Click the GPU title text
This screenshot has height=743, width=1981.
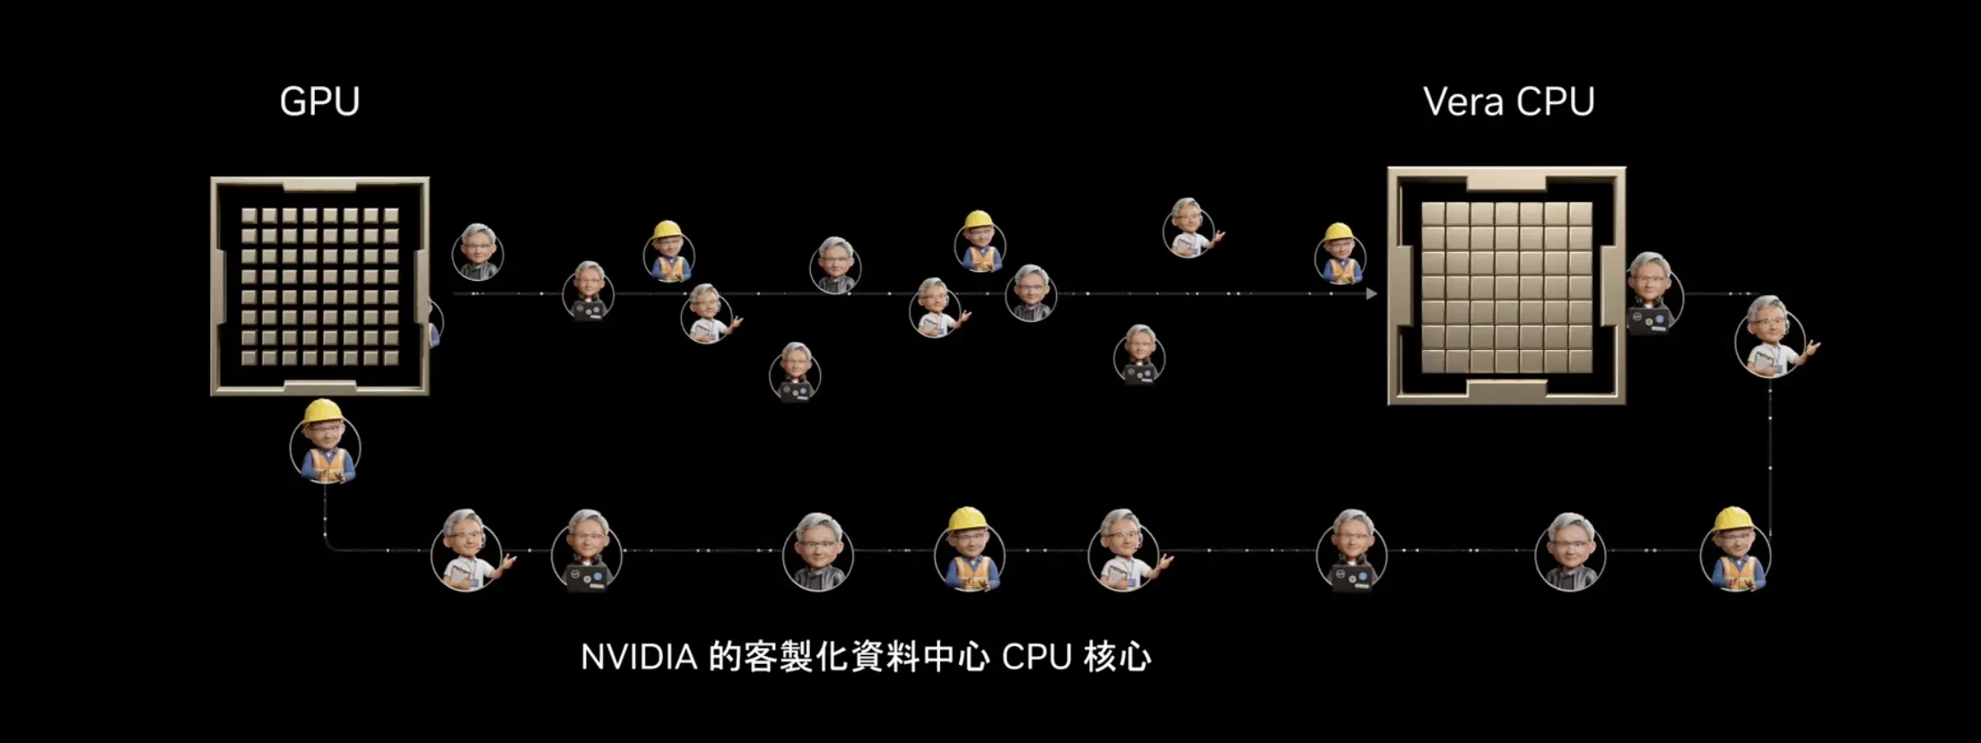pyautogui.click(x=319, y=101)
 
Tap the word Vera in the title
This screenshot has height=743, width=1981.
pyautogui.click(x=1463, y=101)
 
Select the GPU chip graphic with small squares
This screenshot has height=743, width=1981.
pyautogui.click(x=320, y=286)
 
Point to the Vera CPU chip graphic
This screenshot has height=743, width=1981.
pyautogui.click(x=1506, y=285)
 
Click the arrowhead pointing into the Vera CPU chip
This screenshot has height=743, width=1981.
pyautogui.click(x=1371, y=293)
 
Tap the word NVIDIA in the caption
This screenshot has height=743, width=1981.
pyautogui.click(x=639, y=658)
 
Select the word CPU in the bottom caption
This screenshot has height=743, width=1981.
pyautogui.click(x=1036, y=658)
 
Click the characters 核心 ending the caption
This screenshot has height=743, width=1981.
pyautogui.click(x=1117, y=658)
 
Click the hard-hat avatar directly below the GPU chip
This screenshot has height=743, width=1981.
pyautogui.click(x=325, y=442)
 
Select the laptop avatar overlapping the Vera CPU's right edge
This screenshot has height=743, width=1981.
pyautogui.click(x=1654, y=294)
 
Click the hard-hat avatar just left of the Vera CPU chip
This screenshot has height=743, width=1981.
pyautogui.click(x=1340, y=254)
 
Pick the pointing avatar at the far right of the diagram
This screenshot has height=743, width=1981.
pyautogui.click(x=1775, y=337)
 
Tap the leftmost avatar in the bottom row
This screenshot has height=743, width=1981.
pyautogui.click(x=469, y=550)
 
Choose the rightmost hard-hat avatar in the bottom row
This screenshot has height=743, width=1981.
pyautogui.click(x=1735, y=549)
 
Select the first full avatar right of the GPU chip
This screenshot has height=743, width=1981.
pyautogui.click(x=477, y=252)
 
